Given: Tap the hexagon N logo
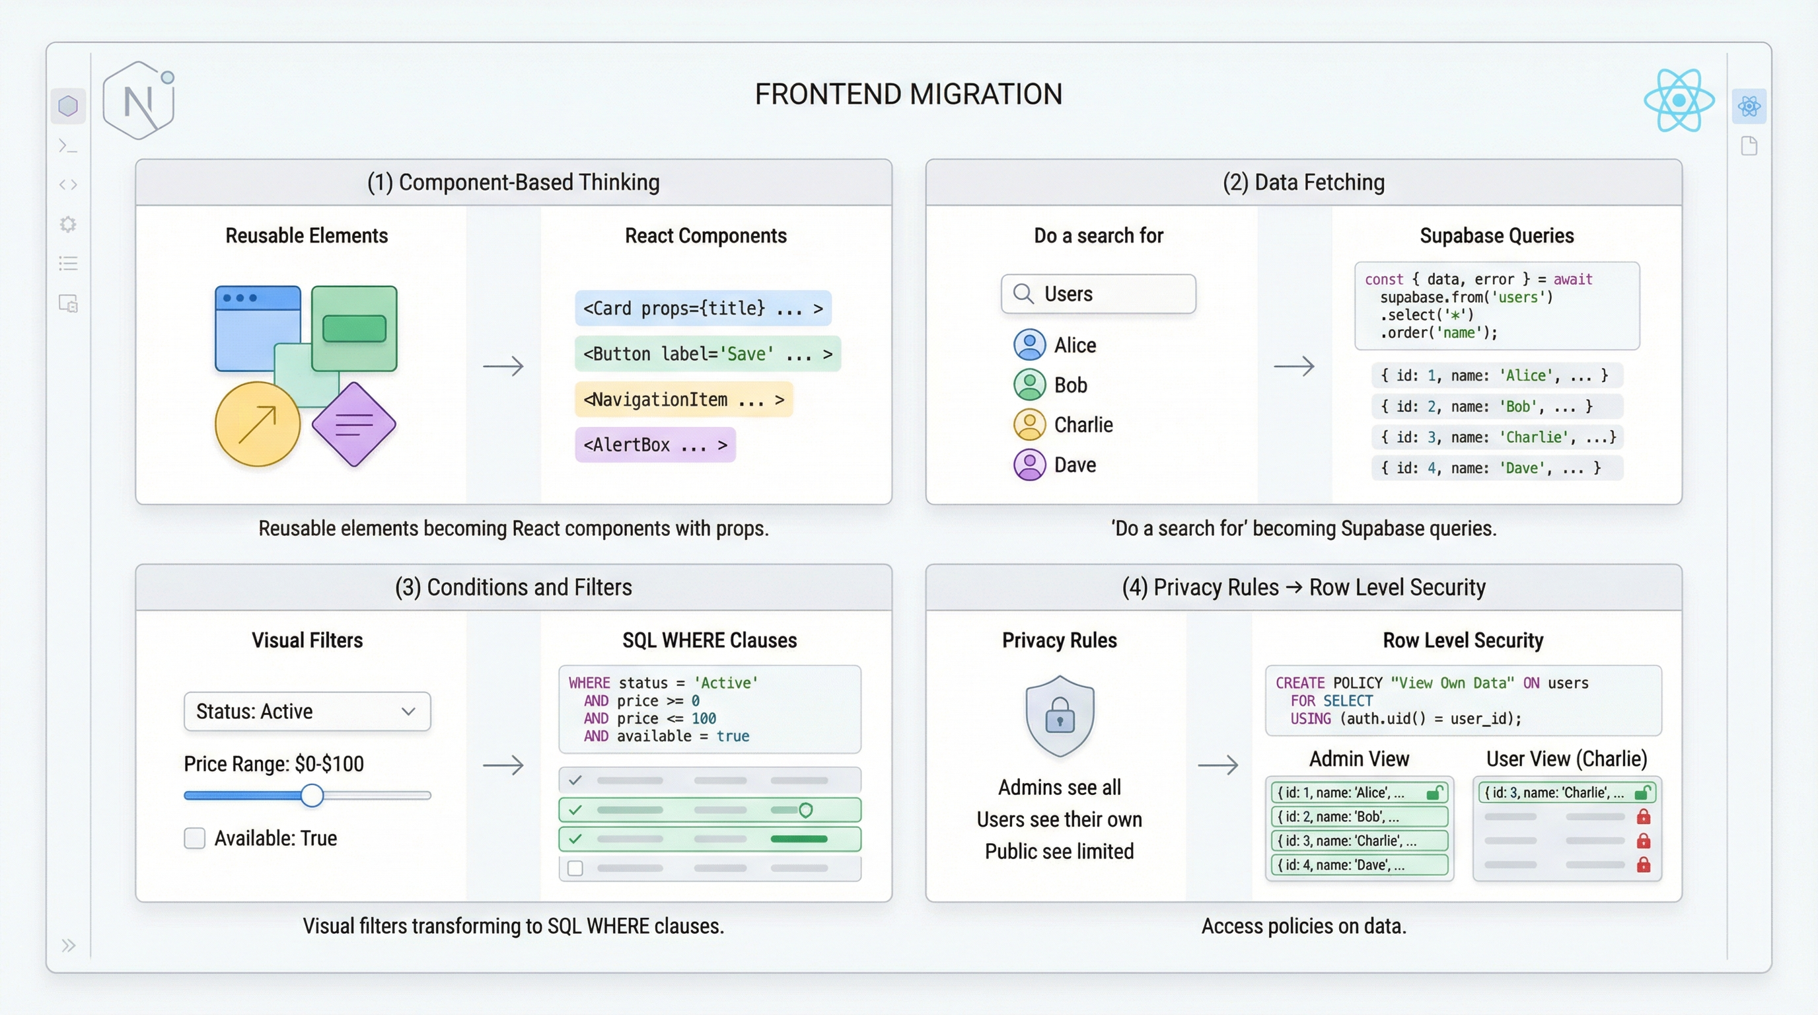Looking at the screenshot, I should coord(139,101).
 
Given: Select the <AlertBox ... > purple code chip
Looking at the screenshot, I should coord(655,445).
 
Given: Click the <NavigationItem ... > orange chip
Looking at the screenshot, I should coord(683,400).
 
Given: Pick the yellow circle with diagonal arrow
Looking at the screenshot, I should coord(258,424).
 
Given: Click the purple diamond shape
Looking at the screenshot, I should coord(353,424).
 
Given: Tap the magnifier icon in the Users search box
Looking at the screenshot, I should coord(1023,293).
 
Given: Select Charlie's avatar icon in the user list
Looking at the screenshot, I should coord(1029,425).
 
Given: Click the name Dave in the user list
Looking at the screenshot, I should coord(1075,465).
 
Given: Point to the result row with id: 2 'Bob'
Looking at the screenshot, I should coord(1496,406).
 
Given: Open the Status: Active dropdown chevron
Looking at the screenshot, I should coord(408,712).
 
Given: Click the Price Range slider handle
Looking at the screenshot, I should coord(312,796).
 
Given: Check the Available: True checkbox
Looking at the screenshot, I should coord(195,839).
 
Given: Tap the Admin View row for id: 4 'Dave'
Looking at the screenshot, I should coord(1359,864).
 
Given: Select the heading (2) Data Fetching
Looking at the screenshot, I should coord(1303,182).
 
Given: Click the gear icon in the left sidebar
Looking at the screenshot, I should coord(68,225).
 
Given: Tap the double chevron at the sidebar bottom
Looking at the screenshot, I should coord(68,946).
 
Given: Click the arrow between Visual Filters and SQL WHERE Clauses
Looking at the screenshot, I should coord(503,765).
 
